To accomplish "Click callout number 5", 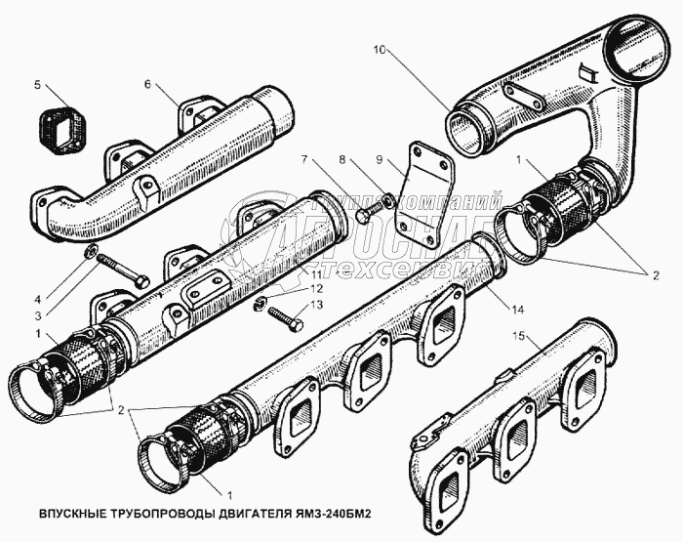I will click(37, 86).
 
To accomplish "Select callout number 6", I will click(147, 86).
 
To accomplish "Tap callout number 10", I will click(380, 47).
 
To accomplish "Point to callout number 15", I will click(521, 338).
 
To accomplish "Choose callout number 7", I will click(304, 158).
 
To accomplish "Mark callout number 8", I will click(342, 158).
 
